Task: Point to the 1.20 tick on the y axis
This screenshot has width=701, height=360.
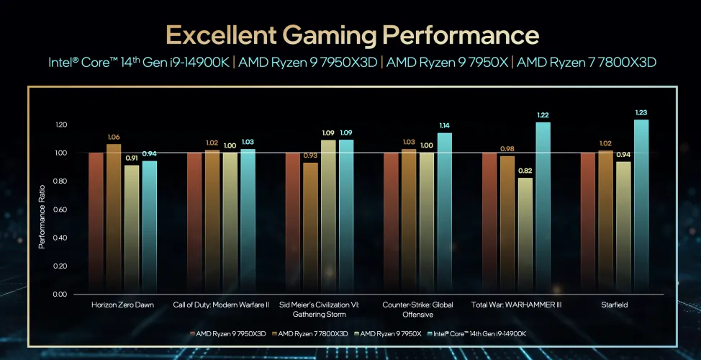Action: point(60,125)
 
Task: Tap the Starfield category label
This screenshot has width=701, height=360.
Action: point(615,305)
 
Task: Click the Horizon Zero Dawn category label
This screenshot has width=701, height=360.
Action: point(122,305)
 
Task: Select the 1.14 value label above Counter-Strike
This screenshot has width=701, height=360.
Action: point(445,125)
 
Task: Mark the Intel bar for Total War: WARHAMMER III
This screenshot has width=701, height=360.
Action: point(543,208)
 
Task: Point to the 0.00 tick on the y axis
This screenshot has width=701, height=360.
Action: point(60,294)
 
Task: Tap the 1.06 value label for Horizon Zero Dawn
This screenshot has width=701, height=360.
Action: point(114,137)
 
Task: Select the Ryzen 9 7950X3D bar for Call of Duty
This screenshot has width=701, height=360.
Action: point(194,223)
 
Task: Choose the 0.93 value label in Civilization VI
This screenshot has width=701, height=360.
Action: point(311,155)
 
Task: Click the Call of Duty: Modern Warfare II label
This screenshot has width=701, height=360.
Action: point(221,305)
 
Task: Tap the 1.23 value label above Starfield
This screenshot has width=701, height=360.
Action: point(641,112)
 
